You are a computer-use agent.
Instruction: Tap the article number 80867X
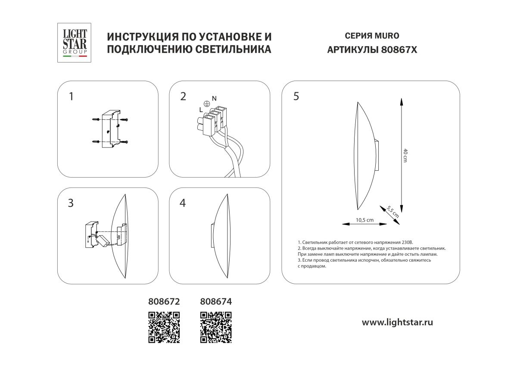tap(399, 50)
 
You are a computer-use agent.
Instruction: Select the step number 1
tap(71, 96)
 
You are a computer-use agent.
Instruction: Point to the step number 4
tap(183, 203)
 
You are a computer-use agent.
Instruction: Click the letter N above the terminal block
tap(214, 99)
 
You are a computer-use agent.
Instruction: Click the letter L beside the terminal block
tap(201, 110)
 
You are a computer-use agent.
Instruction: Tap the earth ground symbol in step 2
tap(206, 104)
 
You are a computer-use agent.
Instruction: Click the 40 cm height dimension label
tap(405, 155)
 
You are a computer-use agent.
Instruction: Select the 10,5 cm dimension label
tap(364, 220)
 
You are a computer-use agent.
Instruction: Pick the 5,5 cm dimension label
tap(393, 211)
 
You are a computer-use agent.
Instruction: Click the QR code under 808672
tap(164, 327)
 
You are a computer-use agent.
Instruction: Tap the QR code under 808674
tap(216, 327)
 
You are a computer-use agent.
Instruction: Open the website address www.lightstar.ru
tap(397, 322)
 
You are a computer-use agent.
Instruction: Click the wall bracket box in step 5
tap(377, 156)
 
